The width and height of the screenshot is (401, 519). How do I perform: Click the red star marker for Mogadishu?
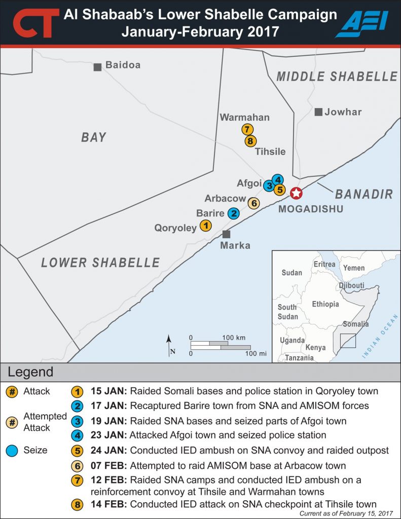[296, 193]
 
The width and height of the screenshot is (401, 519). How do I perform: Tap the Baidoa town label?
[123, 65]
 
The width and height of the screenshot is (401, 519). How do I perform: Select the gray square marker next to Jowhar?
[318, 112]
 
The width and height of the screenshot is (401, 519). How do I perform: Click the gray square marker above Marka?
[226, 234]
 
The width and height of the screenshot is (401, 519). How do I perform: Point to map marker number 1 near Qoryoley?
[205, 226]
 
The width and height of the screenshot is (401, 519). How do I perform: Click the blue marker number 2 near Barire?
[233, 213]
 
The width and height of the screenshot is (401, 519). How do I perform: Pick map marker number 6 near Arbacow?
[253, 203]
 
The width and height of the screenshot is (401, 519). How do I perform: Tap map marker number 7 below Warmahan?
[247, 129]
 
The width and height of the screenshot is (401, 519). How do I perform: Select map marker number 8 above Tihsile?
[250, 141]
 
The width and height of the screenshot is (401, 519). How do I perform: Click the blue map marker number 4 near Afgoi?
[277, 179]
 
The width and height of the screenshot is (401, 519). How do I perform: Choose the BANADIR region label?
[364, 194]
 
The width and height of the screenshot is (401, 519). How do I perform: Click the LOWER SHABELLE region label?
[100, 263]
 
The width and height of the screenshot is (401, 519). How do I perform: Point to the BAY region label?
[94, 137]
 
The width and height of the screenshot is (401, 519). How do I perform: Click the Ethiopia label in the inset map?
[325, 304]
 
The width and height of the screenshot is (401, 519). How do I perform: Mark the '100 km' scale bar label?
[234, 337]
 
